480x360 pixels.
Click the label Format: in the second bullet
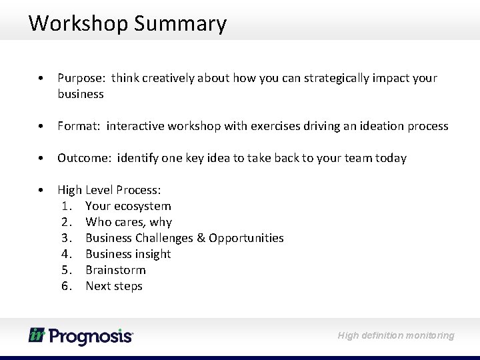pyautogui.click(x=79, y=126)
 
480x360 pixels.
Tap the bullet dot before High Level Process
pyautogui.click(x=41, y=191)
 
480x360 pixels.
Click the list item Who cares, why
pyautogui.click(x=129, y=222)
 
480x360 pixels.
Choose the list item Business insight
pyautogui.click(x=128, y=254)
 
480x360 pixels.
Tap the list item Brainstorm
pyautogui.click(x=115, y=270)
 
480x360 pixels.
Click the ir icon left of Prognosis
pyautogui.click(x=36, y=335)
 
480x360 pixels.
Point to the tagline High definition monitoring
pyautogui.click(x=395, y=335)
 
